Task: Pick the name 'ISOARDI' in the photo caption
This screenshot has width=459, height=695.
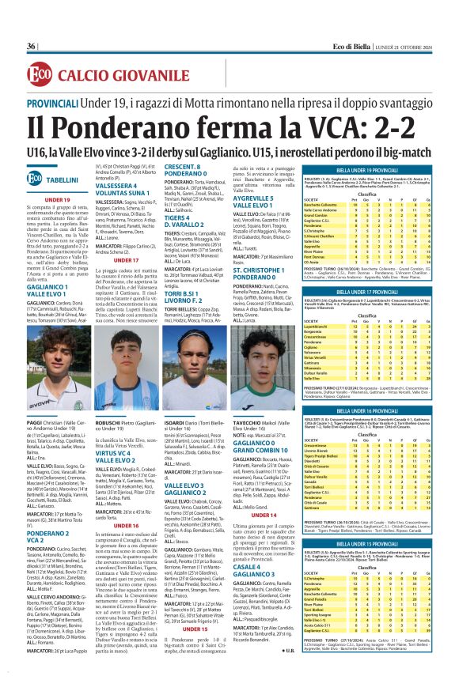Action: pyautogui.click(x=176, y=423)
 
